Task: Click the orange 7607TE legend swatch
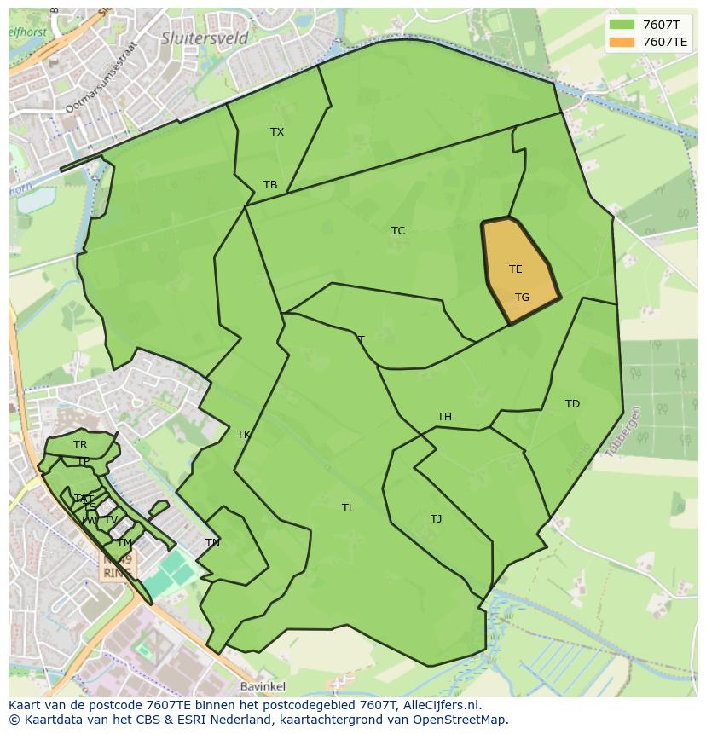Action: (x=622, y=41)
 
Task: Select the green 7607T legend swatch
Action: (x=622, y=25)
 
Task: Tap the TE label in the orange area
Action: (x=515, y=269)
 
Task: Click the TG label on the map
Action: (x=522, y=298)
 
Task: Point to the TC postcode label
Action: (x=398, y=231)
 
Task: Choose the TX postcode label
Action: (x=277, y=132)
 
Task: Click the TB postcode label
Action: (x=270, y=185)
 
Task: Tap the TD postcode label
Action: (x=572, y=404)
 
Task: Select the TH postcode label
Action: (x=444, y=417)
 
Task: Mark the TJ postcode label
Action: (x=436, y=519)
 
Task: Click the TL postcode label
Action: (x=348, y=508)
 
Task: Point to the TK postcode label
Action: (x=244, y=435)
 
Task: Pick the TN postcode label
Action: (x=212, y=543)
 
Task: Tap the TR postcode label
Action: (x=80, y=445)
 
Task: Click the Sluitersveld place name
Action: (x=205, y=38)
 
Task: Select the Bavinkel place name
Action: (x=263, y=686)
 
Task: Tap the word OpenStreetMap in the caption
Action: (x=462, y=720)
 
